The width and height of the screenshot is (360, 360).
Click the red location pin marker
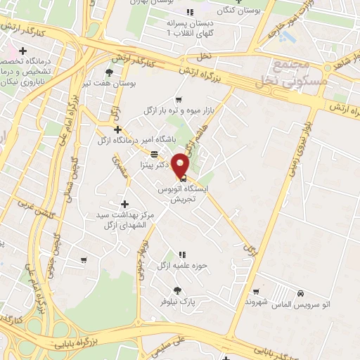tap(181, 165)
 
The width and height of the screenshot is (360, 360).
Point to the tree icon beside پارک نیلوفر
tap(178, 290)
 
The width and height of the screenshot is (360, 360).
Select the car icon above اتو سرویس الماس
tap(300, 292)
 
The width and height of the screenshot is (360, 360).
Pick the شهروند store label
tap(238, 302)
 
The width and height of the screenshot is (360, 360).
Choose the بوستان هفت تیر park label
tap(108, 82)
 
